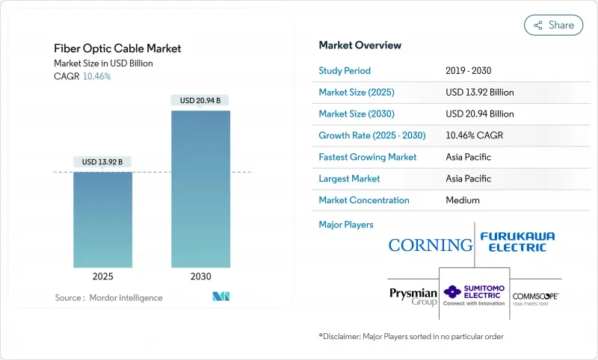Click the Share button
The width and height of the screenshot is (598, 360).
pyautogui.click(x=553, y=25)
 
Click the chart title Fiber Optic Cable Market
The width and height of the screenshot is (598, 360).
pyautogui.click(x=117, y=49)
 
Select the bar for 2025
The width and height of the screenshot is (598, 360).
pyautogui.click(x=102, y=220)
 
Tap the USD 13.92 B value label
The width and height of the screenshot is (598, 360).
pyautogui.click(x=102, y=162)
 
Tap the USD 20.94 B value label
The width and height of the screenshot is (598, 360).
pyautogui.click(x=200, y=100)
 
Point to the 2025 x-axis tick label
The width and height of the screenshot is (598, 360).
pyautogui.click(x=102, y=276)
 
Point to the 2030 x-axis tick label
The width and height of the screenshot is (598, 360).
pyautogui.click(x=200, y=276)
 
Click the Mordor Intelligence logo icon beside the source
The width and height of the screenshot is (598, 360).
pyautogui.click(x=221, y=297)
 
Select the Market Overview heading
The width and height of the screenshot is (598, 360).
pyautogui.click(x=360, y=46)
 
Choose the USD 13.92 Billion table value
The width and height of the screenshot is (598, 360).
pyautogui.click(x=479, y=93)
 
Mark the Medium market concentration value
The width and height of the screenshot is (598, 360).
pyautogui.click(x=462, y=200)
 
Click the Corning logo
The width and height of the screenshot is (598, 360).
pyautogui.click(x=430, y=244)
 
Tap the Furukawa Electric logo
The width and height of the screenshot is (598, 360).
pyautogui.click(x=517, y=241)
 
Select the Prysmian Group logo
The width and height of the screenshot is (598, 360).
pyautogui.click(x=413, y=296)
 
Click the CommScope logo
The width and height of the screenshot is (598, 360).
pyautogui.click(x=535, y=297)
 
